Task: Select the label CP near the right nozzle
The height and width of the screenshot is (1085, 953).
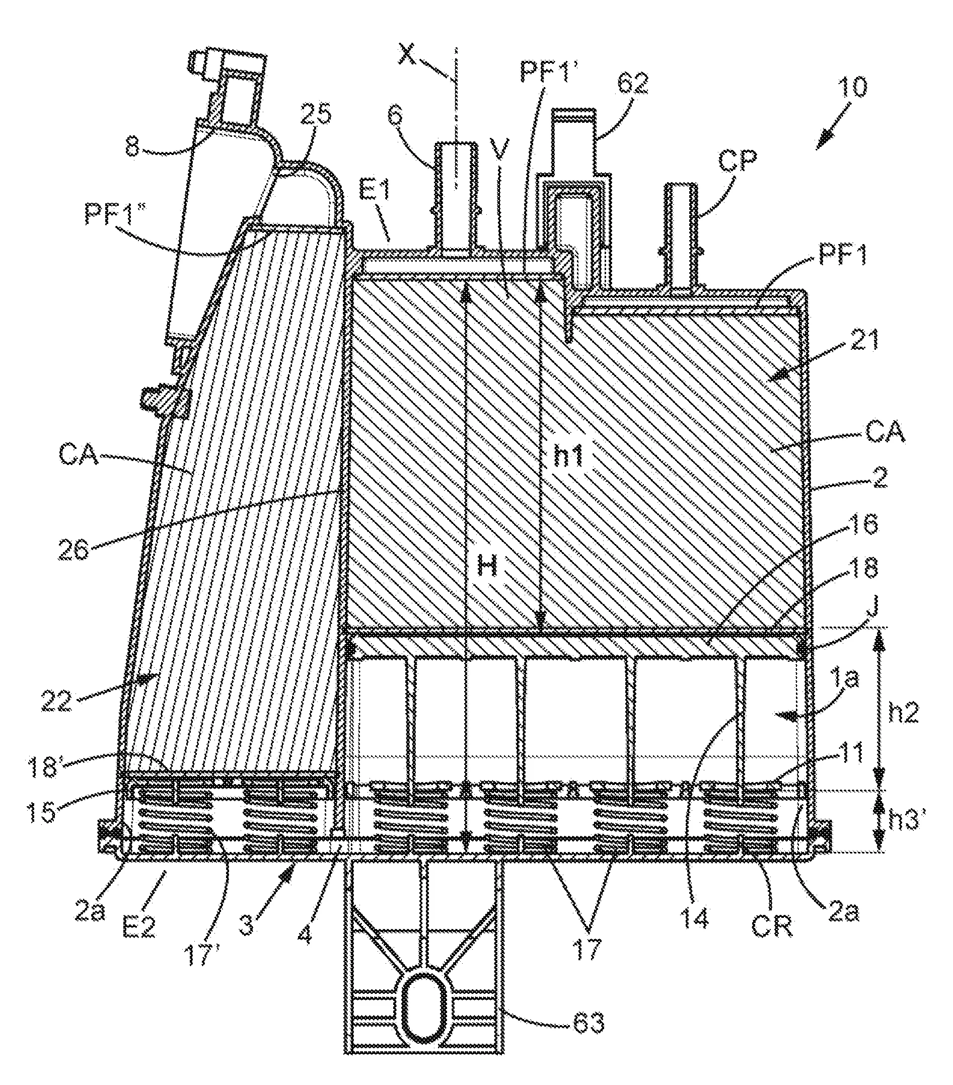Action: [x=737, y=159]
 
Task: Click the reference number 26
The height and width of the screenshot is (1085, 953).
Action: [x=74, y=551]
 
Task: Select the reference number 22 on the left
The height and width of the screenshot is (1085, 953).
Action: [x=58, y=701]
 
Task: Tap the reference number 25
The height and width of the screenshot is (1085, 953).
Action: [x=317, y=114]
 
